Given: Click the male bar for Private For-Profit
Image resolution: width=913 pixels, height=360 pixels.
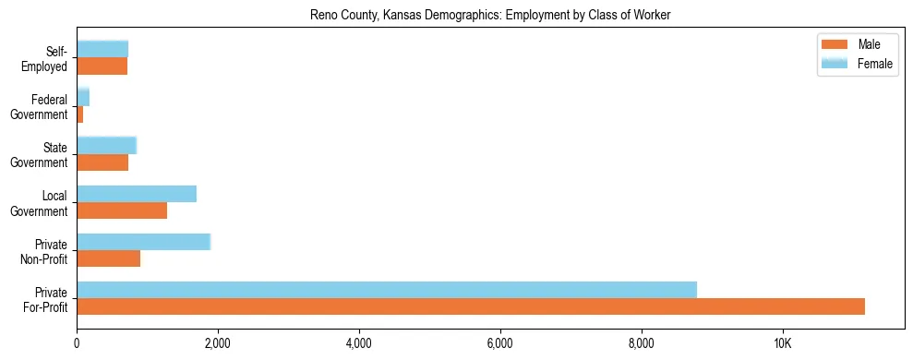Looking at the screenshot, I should pos(471,306).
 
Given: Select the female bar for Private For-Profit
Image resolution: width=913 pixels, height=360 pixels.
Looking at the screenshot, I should pos(387,290).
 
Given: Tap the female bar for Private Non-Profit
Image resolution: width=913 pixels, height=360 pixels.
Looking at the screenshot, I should pos(144,242).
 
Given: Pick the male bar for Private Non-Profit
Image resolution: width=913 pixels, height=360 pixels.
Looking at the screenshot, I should pos(109,258).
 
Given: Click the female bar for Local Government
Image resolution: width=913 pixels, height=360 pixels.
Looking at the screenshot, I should pos(137,194).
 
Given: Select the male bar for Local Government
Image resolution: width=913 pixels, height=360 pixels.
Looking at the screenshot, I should pos(122,210).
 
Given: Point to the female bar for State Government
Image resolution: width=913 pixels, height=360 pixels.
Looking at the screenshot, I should pos(107,145).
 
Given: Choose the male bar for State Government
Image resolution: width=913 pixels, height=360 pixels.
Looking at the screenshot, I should pos(102,162).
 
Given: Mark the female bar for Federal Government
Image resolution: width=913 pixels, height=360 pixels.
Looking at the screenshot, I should pos(83,97).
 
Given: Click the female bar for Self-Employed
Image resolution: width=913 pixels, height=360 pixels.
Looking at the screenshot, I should pos(102,49).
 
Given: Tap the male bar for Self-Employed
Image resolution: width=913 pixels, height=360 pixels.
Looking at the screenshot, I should pos(102,66).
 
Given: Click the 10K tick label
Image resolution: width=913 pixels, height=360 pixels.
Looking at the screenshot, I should pos(782,344).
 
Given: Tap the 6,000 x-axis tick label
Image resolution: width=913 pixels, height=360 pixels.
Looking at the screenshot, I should pos(499,344).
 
